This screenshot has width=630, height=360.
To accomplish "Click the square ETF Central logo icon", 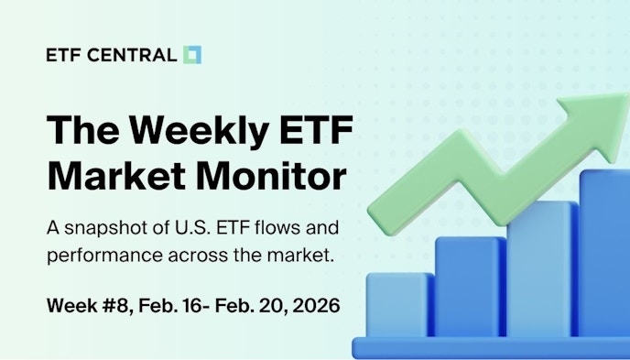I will pos(192,55).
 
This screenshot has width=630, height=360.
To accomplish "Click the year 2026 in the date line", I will pos(314,305).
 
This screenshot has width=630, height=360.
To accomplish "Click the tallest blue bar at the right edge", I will pos(605,256).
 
